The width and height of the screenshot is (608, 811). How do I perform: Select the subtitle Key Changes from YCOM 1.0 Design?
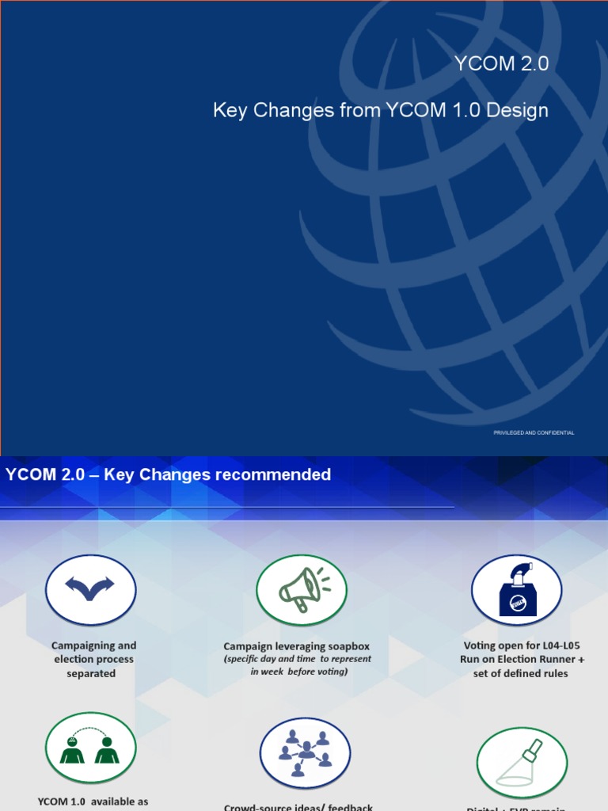pos(380,110)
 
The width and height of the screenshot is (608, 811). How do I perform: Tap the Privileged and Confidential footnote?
pos(534,432)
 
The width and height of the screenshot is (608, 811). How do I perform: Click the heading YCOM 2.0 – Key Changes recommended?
pos(168,475)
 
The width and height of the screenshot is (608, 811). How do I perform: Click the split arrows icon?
pos(90,589)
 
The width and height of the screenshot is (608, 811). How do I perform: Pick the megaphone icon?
pos(302,590)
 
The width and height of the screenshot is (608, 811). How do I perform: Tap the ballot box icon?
pos(516,590)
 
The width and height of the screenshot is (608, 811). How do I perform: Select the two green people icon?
pos(90,748)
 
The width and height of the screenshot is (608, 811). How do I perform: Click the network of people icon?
pos(305,753)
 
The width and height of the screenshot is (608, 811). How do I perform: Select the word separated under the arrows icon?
pos(91,673)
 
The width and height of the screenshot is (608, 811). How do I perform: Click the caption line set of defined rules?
pos(521,673)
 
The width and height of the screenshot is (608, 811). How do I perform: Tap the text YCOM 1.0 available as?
pos(93,801)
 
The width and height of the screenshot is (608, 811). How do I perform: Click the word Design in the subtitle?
pos(518,110)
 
